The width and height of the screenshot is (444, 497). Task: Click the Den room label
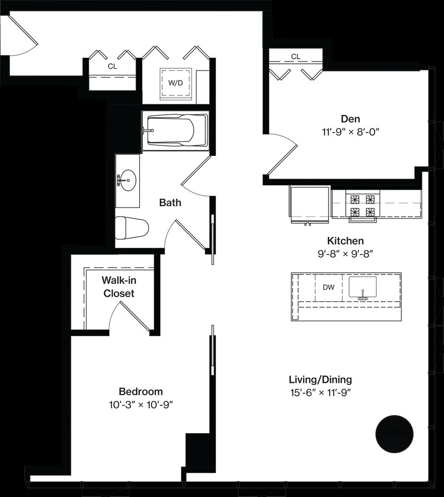click(350, 119)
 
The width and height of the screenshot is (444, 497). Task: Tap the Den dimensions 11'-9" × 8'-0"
click(351, 131)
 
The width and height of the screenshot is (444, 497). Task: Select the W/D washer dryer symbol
click(175, 83)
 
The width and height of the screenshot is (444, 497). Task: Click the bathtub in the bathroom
click(175, 130)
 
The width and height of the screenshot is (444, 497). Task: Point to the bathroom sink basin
click(128, 180)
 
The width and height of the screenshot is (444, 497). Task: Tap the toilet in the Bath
click(132, 227)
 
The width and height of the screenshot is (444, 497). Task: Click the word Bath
click(170, 202)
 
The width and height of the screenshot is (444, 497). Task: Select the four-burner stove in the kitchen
click(363, 206)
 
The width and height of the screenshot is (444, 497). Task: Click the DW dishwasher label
click(329, 287)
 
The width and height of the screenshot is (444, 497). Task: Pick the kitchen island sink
click(363, 287)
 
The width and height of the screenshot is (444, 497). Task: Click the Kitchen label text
click(345, 241)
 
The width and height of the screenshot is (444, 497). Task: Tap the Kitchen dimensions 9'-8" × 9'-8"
click(345, 253)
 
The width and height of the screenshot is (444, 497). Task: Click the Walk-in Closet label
click(119, 287)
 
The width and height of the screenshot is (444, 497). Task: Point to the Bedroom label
click(141, 392)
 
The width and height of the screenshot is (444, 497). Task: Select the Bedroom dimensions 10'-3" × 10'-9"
click(141, 405)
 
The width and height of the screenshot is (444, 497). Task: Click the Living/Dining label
click(320, 380)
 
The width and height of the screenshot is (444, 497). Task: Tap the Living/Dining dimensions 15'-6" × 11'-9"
click(320, 393)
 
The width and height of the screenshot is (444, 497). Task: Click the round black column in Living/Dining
click(395, 434)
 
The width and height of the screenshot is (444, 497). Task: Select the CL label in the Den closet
click(296, 57)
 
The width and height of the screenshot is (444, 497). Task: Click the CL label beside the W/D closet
click(112, 66)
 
